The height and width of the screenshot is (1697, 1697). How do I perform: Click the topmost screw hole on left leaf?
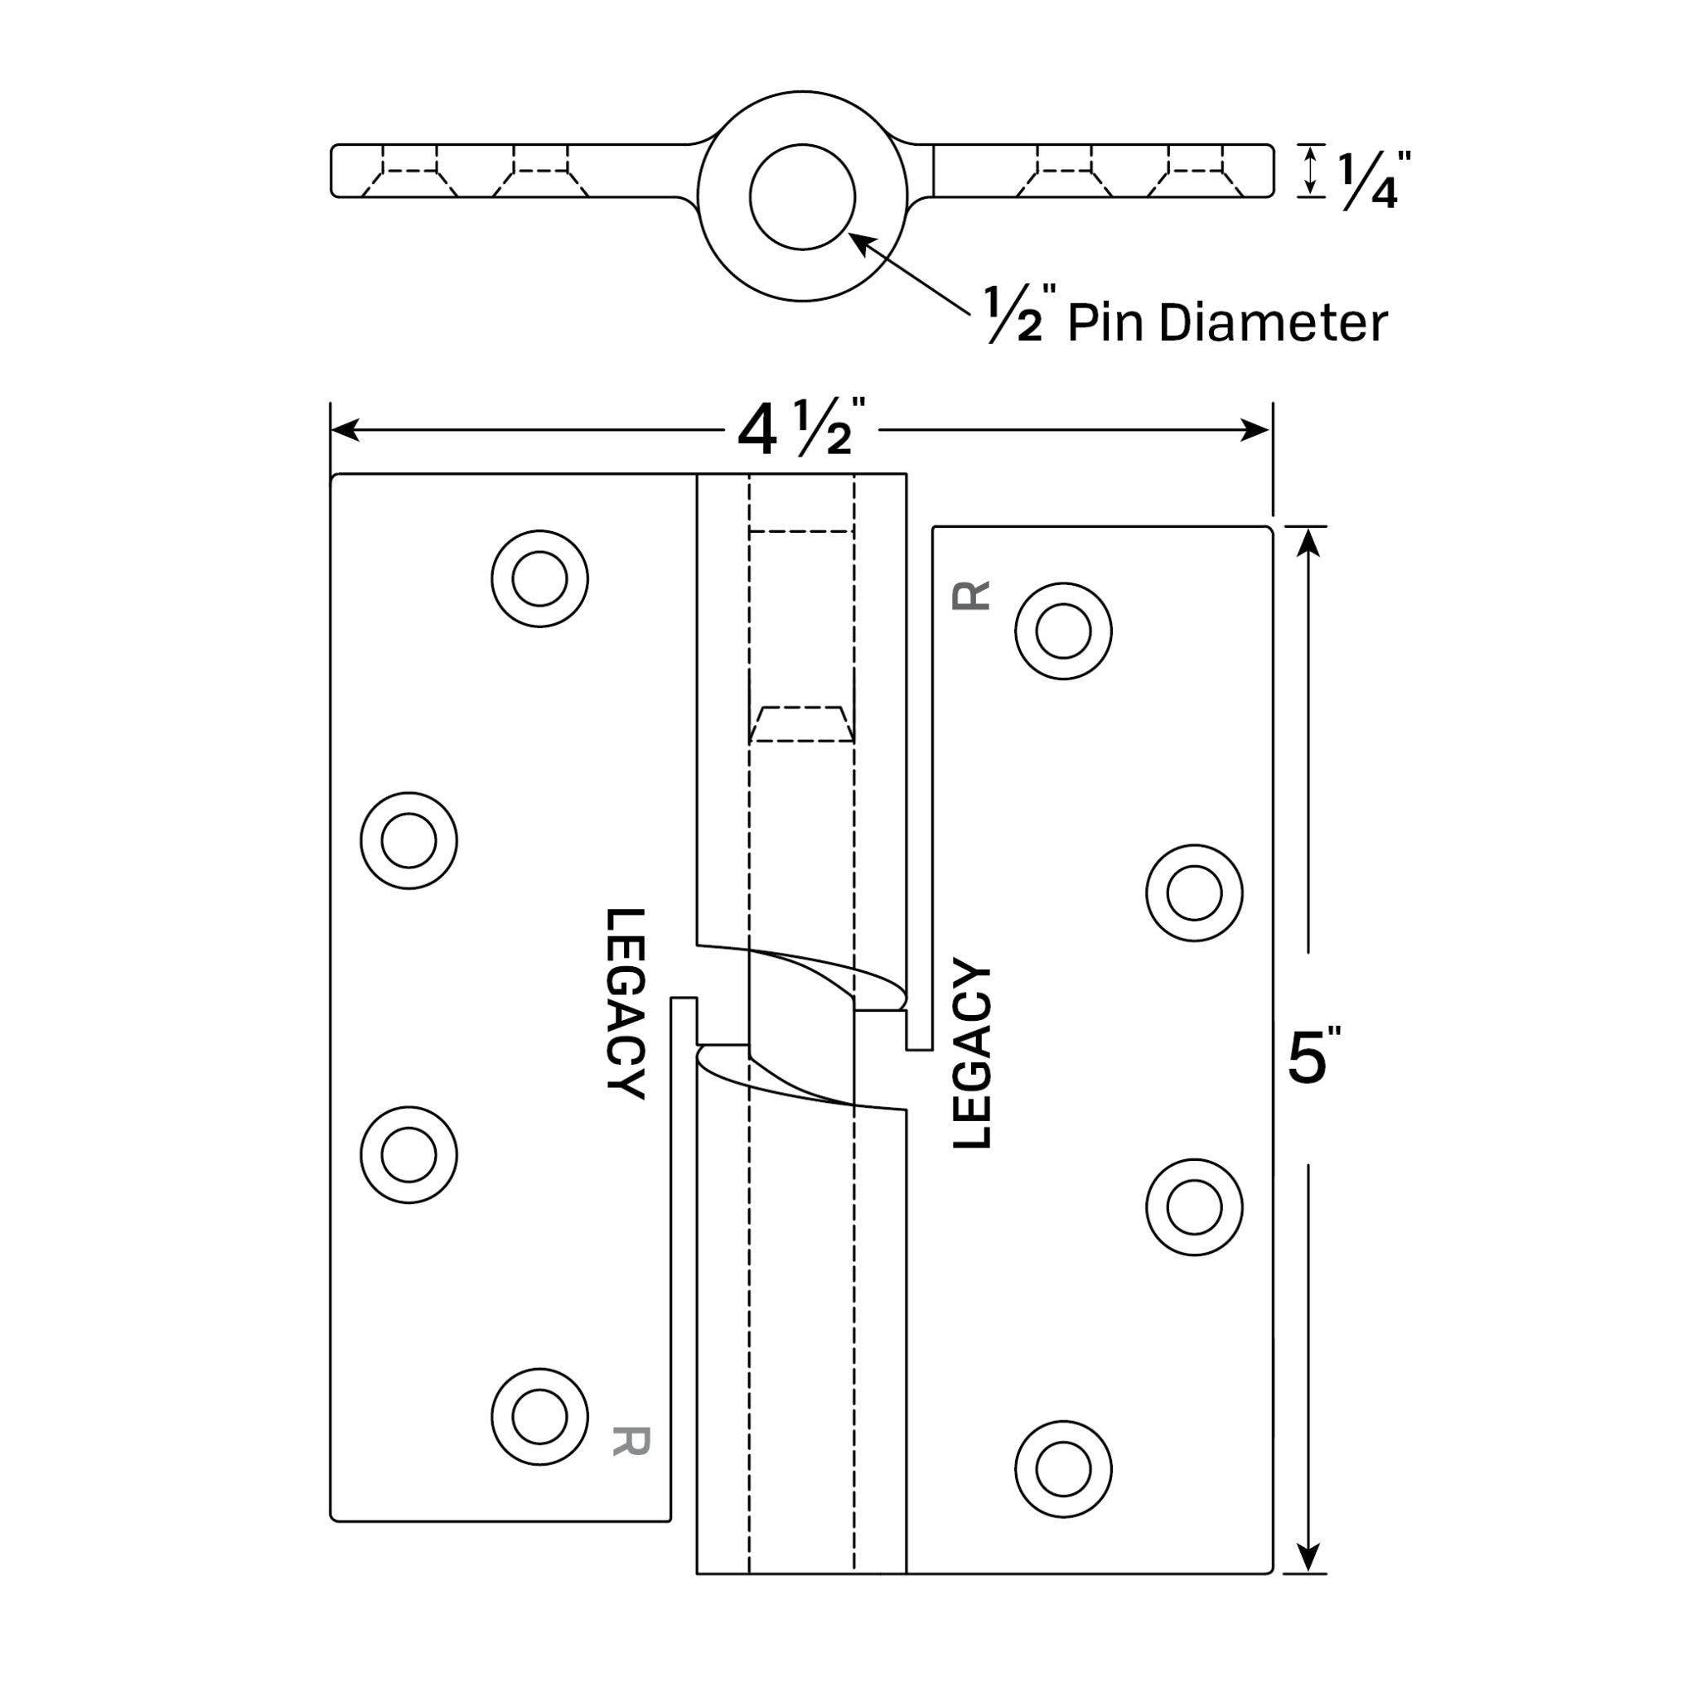539,579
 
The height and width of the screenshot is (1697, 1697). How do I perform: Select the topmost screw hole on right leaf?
1063,631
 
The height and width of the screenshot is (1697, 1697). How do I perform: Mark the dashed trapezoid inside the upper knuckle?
801,723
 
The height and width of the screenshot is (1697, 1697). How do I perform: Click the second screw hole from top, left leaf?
409,840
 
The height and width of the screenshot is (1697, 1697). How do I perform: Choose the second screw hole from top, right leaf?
1195,892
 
